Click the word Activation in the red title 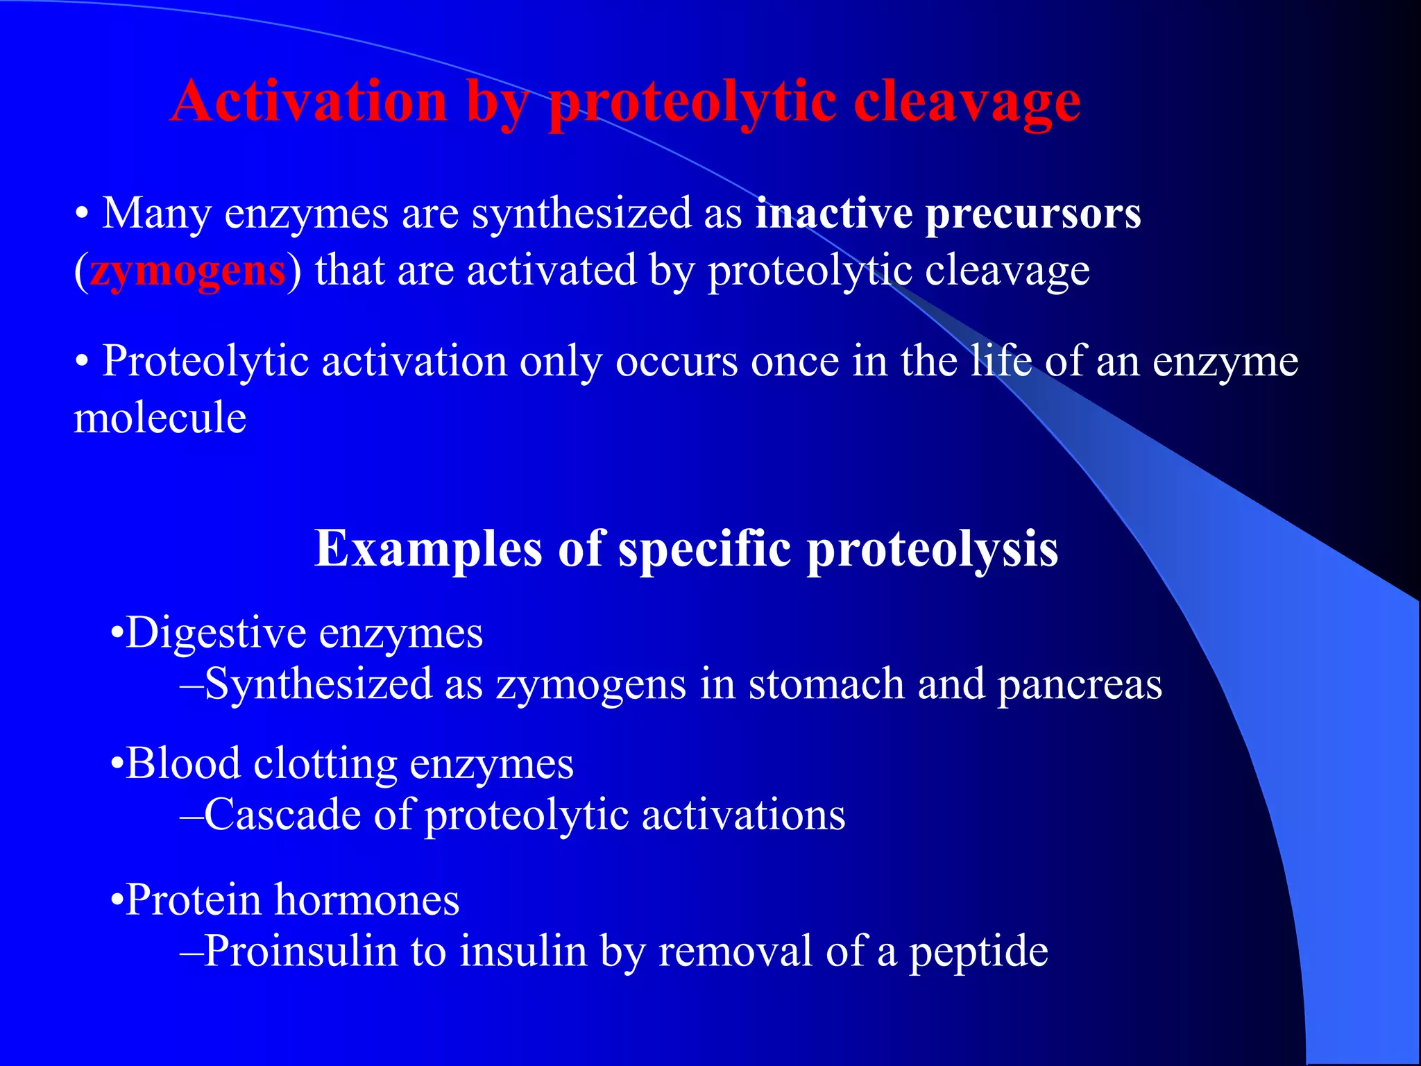tap(309, 101)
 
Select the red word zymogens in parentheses tap(187, 271)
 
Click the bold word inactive tap(833, 213)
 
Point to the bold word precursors tap(1033, 213)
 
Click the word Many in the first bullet tap(156, 213)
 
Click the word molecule tap(160, 418)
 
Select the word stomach tap(826, 684)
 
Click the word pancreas tap(1079, 684)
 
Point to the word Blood tap(183, 764)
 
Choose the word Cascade tap(282, 815)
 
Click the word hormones tap(367, 901)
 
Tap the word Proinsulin tap(300, 951)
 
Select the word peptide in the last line tap(978, 951)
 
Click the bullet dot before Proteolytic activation tap(82, 363)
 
